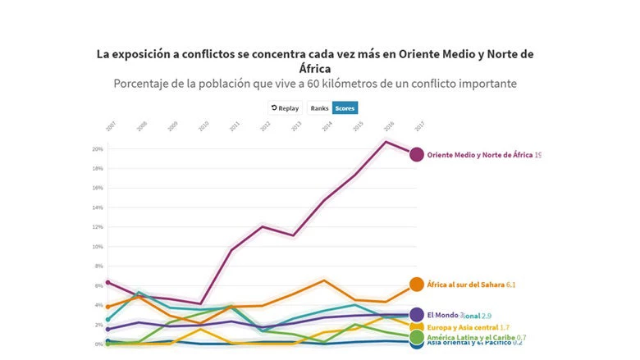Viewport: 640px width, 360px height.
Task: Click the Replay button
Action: [285, 108]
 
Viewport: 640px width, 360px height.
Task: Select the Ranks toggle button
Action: [319, 108]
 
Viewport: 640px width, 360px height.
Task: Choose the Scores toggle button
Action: [345, 108]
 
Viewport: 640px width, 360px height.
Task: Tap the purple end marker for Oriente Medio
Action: [416, 154]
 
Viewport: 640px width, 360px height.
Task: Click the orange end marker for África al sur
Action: [416, 285]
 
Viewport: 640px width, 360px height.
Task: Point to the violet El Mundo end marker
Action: [416, 315]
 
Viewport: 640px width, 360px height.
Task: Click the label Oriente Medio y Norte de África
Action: [480, 155]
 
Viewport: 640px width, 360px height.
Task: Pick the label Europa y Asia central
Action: [463, 327]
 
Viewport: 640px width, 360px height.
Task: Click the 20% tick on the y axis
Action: [98, 149]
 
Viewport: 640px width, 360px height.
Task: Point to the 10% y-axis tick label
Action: [98, 247]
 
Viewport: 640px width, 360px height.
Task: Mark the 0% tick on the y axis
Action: [99, 344]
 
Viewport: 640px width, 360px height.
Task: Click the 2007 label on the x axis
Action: [110, 126]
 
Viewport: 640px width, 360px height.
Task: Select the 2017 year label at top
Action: [419, 126]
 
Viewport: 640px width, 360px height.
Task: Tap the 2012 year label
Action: [265, 126]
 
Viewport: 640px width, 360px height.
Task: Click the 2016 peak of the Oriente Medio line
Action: [386, 141]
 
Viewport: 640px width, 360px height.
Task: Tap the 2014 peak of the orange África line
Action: [325, 280]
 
